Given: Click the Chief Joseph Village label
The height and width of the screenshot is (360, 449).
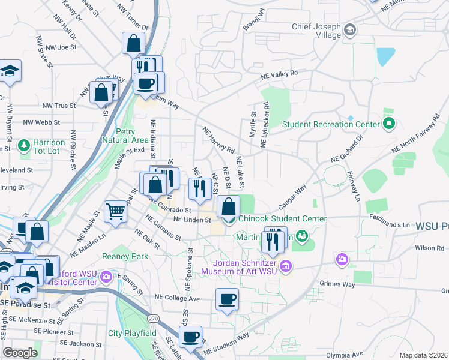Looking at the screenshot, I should [x=316, y=31].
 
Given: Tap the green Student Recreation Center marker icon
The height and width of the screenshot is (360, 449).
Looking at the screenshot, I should [x=388, y=124].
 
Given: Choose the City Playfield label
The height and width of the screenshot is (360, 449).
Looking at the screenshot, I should [x=132, y=333].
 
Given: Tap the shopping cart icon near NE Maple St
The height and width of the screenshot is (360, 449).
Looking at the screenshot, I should [x=115, y=211].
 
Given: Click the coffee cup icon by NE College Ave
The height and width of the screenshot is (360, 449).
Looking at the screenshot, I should [x=227, y=299].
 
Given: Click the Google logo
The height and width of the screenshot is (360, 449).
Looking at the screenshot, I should [x=20, y=353].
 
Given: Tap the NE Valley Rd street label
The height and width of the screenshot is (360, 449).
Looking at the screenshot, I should [x=279, y=74].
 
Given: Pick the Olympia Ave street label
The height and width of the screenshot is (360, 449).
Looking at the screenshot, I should [x=362, y=354].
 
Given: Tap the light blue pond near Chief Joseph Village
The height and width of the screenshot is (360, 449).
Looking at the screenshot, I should [x=385, y=56].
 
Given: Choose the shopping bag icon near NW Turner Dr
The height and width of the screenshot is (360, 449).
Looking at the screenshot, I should [x=133, y=43].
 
